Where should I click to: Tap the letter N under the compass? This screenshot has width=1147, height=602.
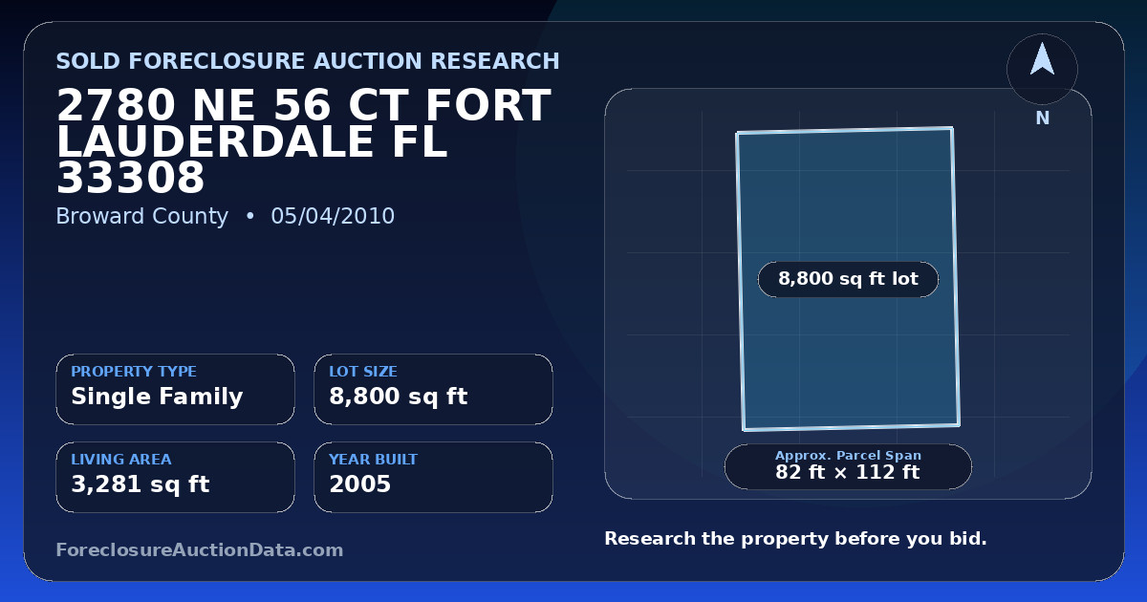(1043, 118)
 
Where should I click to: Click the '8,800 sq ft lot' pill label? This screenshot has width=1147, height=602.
(848, 279)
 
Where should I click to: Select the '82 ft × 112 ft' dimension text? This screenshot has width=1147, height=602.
(848, 472)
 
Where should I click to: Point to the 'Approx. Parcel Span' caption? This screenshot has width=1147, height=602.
(848, 455)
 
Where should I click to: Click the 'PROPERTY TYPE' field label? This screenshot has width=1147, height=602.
(134, 371)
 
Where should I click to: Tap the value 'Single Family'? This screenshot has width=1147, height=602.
(157, 397)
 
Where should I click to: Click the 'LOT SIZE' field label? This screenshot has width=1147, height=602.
(363, 371)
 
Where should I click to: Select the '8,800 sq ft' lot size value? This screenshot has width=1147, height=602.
(399, 397)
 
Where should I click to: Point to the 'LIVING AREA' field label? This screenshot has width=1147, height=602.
(121, 460)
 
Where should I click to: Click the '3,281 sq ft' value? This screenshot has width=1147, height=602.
(141, 484)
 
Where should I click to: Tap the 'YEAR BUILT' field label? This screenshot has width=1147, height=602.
(374, 460)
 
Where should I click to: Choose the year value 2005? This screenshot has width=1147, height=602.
(360, 484)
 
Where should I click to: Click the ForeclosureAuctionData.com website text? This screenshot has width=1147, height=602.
(200, 549)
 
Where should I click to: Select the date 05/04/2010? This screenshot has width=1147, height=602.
(333, 216)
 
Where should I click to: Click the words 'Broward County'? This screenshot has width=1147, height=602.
(141, 217)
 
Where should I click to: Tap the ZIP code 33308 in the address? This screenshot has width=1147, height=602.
(131, 178)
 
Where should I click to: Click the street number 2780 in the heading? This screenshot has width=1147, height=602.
(117, 105)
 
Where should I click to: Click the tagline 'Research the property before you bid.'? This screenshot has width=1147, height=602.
(795, 539)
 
